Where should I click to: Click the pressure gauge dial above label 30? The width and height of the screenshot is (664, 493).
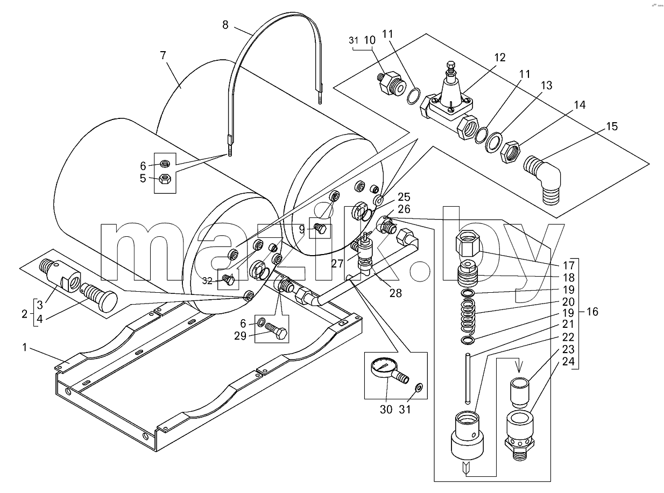(382, 369)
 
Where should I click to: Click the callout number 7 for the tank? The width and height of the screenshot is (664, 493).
(163, 55)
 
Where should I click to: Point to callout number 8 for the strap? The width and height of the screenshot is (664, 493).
(225, 25)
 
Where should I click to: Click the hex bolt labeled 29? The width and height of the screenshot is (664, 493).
(276, 332)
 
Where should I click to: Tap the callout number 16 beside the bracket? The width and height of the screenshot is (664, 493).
(592, 312)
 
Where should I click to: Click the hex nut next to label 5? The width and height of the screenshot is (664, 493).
(164, 179)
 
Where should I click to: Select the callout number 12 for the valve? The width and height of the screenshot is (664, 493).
(500, 57)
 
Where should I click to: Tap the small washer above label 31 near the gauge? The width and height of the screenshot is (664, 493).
(419, 388)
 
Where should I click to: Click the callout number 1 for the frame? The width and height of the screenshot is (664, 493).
(25, 348)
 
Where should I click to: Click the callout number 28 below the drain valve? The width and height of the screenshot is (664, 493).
(395, 293)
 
